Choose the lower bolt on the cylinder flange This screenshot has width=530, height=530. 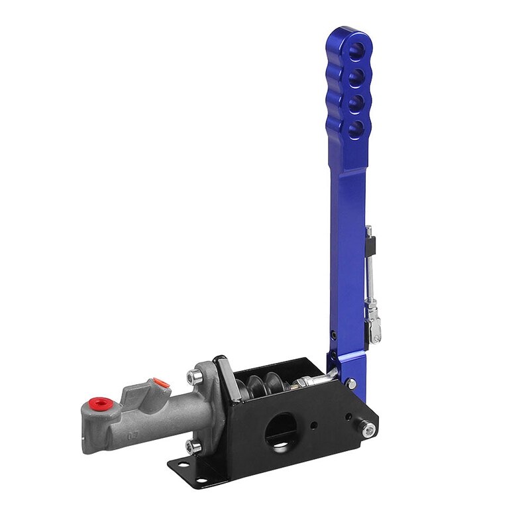tap(191, 447)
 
